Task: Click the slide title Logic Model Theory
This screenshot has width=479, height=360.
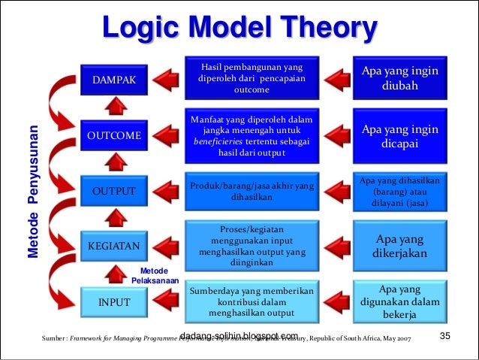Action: pos(239,31)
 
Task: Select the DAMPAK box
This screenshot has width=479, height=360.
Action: pos(115,80)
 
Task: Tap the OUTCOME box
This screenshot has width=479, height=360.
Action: pos(115,136)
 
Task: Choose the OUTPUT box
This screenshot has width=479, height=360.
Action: pos(115,192)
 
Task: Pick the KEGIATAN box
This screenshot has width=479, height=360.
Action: pos(115,245)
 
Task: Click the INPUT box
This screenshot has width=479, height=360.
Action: pos(115,302)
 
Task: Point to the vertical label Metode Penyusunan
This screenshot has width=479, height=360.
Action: pos(32,192)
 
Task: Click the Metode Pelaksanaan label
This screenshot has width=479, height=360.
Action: pos(154,276)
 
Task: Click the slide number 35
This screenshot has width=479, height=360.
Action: pos(444,335)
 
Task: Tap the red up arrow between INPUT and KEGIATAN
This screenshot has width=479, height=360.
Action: pos(114,274)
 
